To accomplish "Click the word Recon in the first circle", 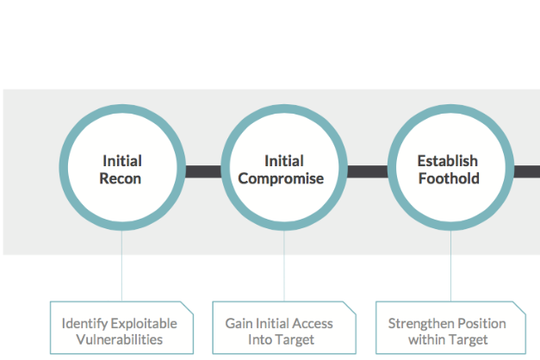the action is (121, 178).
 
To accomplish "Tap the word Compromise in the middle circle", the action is (281, 179).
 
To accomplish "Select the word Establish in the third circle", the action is (448, 161).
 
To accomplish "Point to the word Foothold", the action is (449, 178).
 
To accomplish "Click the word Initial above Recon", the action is (122, 161).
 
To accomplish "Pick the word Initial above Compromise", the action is (284, 161).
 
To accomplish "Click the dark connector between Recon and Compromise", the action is (203, 171).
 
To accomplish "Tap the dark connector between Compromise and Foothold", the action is (368, 171).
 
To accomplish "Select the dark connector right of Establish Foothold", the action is (527, 171).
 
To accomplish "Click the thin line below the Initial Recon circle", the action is (121, 265).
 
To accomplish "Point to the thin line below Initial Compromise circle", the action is (284, 265).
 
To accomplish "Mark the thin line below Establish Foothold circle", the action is (450, 265).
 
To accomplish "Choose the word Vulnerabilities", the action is (120, 339).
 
